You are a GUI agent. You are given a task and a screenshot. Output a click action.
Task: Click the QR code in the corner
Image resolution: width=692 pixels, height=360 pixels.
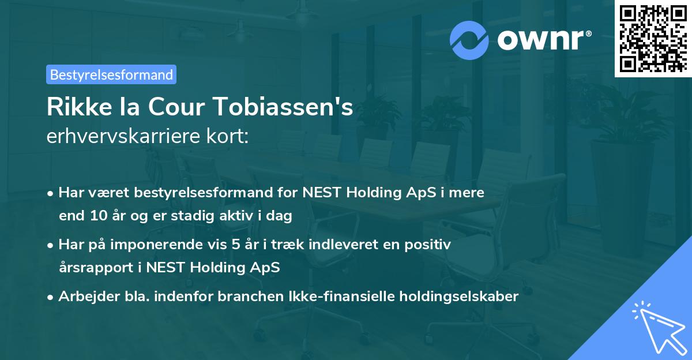[x=653, y=39]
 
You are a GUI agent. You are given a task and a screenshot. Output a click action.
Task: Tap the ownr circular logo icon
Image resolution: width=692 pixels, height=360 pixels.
[x=469, y=40]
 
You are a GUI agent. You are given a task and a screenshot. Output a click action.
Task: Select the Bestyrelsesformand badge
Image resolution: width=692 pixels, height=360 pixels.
[x=111, y=74]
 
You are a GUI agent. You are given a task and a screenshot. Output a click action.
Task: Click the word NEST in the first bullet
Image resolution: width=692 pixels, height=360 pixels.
[x=325, y=192]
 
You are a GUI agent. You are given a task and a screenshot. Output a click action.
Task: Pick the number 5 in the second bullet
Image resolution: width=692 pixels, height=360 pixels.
[x=236, y=245]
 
